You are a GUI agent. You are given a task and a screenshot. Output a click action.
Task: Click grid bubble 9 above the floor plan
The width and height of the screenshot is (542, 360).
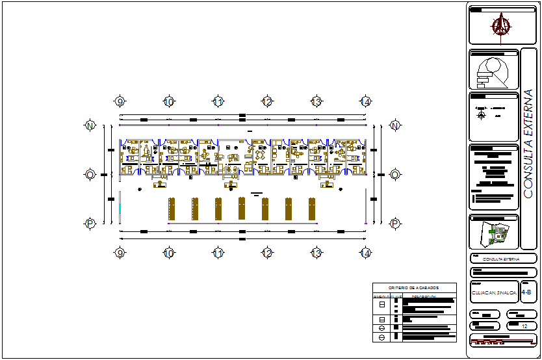[120, 101]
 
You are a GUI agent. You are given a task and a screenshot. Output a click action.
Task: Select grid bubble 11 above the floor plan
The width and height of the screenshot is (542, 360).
[218, 101]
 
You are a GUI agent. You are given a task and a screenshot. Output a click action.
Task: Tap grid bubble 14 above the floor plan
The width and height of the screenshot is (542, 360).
[366, 101]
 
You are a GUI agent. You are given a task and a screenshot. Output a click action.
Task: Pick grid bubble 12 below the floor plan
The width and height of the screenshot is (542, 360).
[267, 253]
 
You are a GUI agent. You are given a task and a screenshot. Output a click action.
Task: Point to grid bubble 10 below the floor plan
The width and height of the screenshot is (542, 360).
[168, 253]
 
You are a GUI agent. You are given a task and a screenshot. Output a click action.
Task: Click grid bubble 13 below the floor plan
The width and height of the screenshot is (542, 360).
[316, 253]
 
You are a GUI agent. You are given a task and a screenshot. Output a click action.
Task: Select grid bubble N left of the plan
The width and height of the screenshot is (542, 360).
[90, 125]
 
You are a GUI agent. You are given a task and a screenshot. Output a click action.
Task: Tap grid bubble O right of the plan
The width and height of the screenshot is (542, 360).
[394, 174]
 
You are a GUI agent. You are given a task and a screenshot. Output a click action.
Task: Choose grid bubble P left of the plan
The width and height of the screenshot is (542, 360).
[90, 224]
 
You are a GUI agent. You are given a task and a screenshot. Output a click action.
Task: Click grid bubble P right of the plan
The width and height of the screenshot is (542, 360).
[394, 224]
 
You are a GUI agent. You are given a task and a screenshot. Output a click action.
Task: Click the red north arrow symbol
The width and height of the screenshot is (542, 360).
[500, 26]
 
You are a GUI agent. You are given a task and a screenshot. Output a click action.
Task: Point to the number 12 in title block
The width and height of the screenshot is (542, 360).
[524, 326]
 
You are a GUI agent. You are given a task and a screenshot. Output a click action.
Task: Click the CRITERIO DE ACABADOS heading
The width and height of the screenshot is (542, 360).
[414, 287]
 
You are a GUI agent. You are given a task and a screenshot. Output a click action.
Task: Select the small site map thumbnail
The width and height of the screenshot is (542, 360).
[494, 232]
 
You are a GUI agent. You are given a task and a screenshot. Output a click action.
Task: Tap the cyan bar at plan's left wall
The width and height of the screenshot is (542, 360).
[120, 211]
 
